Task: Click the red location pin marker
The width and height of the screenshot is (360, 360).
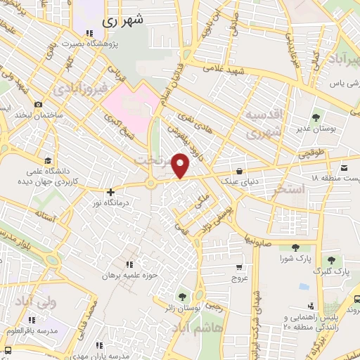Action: (x=181, y=165)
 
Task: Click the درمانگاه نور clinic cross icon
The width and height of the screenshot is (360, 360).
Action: (x=110, y=191)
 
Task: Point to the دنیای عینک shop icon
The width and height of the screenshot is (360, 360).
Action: (x=240, y=170)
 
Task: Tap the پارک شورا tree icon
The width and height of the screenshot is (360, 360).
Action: (x=294, y=246)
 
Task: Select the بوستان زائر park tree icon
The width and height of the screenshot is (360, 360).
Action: (x=184, y=296)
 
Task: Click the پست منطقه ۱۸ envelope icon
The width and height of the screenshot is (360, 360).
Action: (x=344, y=169)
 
